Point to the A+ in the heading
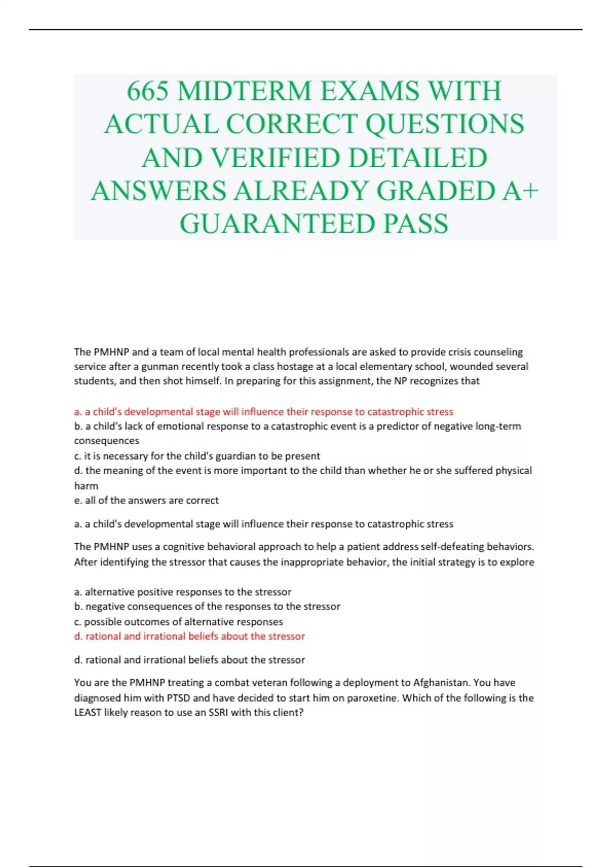click(521, 191)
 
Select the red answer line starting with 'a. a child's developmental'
click(264, 412)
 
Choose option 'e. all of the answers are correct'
click(146, 500)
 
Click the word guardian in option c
click(234, 456)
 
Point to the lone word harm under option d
click(86, 486)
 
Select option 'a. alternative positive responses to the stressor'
click(183, 592)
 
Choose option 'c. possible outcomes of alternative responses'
click(178, 622)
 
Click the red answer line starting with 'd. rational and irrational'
click(190, 636)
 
